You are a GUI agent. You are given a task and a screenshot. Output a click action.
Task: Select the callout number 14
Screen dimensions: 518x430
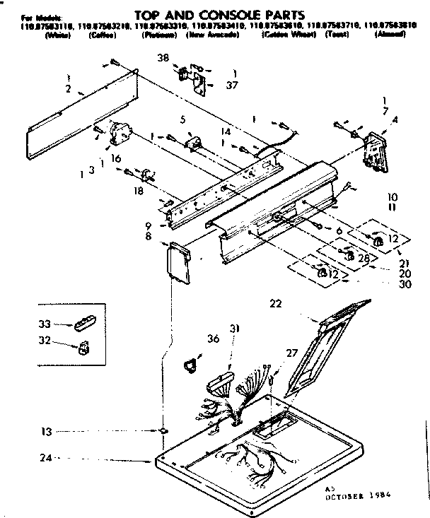click(x=226, y=131)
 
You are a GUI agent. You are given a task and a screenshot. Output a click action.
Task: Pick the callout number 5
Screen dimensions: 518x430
click(x=182, y=119)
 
